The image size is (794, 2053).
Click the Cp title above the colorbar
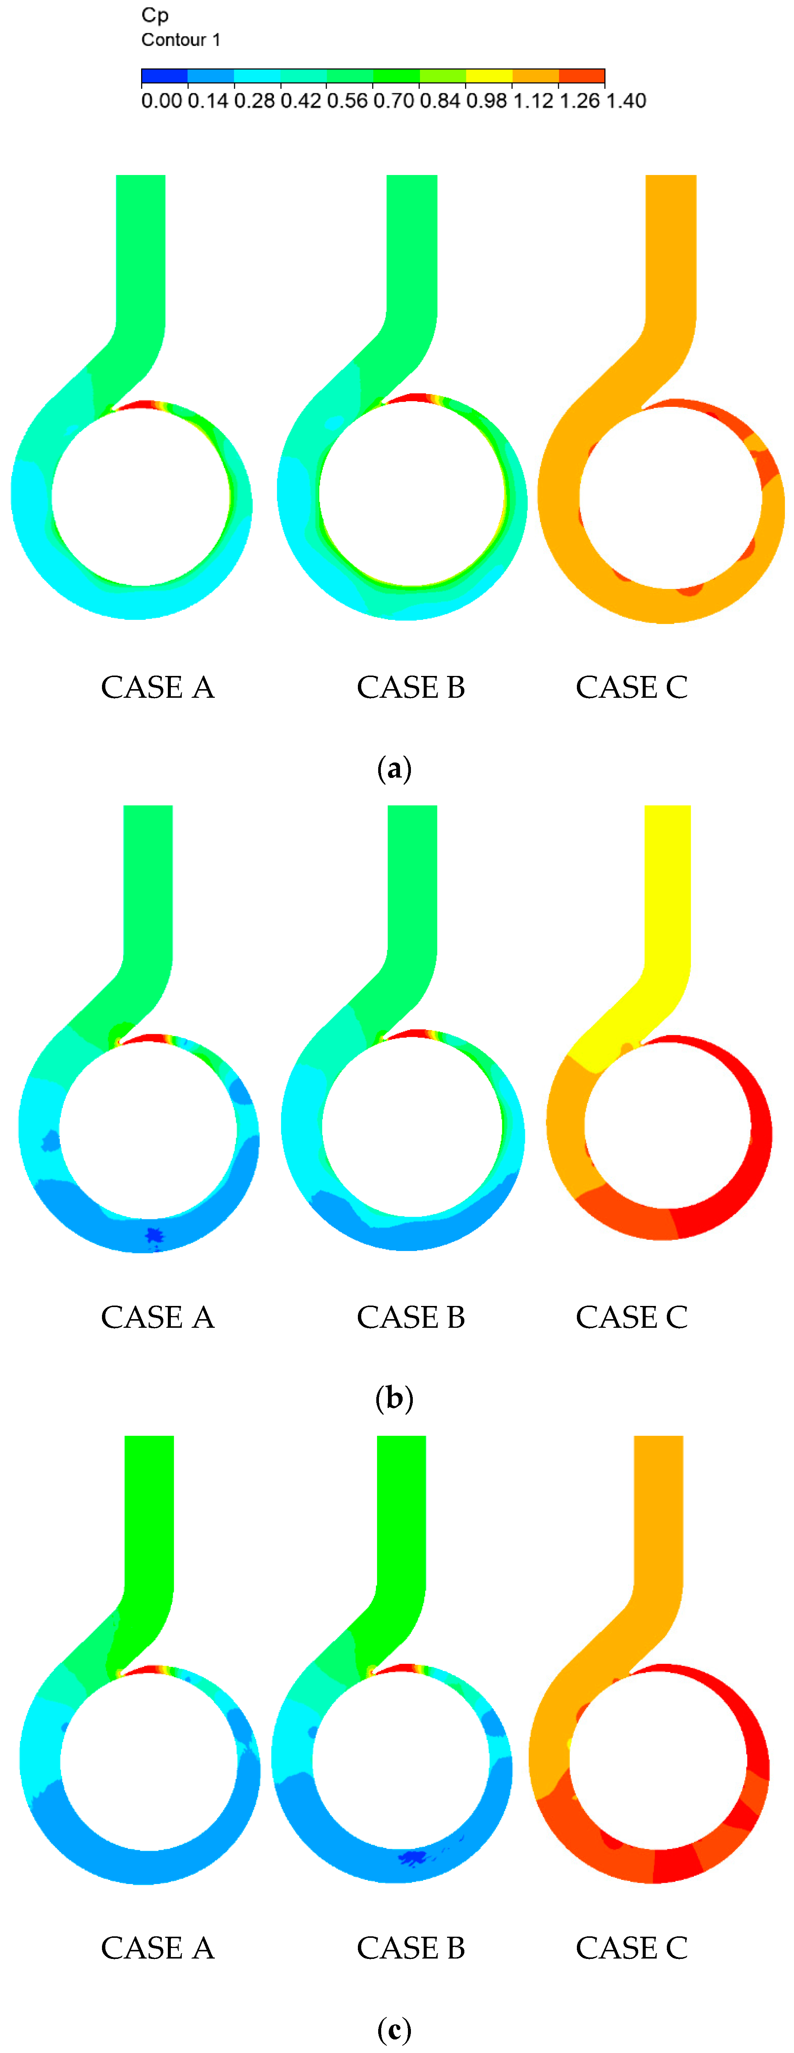(155, 15)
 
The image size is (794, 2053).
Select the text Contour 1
(181, 40)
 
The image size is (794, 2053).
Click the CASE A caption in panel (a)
(158, 687)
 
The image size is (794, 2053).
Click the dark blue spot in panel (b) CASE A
(153, 1235)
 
